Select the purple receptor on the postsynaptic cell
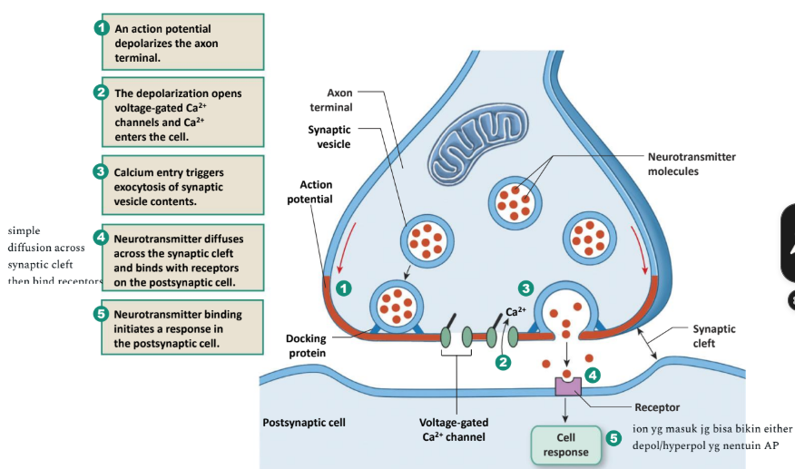[567, 386]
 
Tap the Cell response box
[565, 445]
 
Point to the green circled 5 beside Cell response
[613, 438]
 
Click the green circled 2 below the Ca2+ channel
[501, 362]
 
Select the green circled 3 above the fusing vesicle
[526, 288]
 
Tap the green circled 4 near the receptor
[593, 373]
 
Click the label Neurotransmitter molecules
[691, 164]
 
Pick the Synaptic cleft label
[713, 337]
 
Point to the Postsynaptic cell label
[304, 423]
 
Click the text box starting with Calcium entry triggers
[182, 186]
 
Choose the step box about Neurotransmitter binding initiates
[182, 328]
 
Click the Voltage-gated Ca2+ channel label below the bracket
[454, 429]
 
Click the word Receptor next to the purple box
[658, 407]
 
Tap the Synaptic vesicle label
[329, 137]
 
